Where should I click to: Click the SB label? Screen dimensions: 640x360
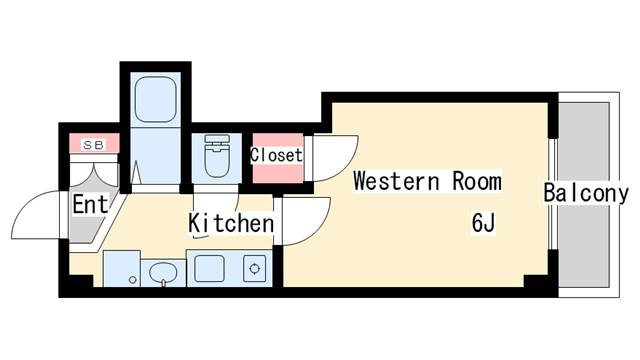(94, 144)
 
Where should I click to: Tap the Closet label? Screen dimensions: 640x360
(276, 155)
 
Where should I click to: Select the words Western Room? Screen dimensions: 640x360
(427, 181)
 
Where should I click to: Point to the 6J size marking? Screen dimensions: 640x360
(483, 223)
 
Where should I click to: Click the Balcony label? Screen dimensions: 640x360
(586, 193)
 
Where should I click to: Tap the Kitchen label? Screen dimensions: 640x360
(231, 223)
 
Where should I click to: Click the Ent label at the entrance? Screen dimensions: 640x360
(91, 204)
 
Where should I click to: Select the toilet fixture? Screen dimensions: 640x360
(217, 156)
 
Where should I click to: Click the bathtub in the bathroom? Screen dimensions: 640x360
(156, 100)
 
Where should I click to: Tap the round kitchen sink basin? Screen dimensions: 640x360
(163, 272)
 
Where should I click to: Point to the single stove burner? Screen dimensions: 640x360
(255, 269)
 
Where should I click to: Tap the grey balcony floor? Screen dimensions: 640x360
(584, 194)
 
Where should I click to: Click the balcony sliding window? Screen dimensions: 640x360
(553, 194)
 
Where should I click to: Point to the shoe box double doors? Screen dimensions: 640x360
(94, 173)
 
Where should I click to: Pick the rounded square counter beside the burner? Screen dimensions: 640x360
(209, 269)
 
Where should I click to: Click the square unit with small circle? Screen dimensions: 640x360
(122, 268)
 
